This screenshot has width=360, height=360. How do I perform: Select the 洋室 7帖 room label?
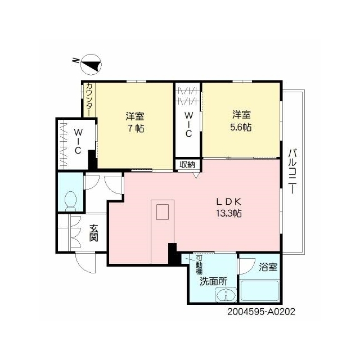(x=135, y=122)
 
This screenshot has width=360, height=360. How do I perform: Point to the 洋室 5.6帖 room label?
(x=241, y=121)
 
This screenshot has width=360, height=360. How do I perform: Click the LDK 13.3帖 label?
(x=229, y=208)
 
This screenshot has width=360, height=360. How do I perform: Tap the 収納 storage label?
(x=187, y=164)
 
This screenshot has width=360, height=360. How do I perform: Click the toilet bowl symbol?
(x=71, y=201)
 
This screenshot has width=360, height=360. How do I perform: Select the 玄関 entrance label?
(x=94, y=233)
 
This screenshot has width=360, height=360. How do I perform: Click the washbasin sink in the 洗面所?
(x=226, y=294)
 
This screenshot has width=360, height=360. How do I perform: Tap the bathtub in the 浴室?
(x=259, y=291)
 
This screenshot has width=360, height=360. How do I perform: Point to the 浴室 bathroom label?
(x=268, y=267)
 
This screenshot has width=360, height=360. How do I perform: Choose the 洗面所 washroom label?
(x=213, y=281)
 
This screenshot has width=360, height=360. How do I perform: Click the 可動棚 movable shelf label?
(x=199, y=265)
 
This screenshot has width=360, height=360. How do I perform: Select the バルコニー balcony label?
(x=292, y=171)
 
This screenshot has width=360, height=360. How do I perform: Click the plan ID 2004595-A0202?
(x=261, y=312)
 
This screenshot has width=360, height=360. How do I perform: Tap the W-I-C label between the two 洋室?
(x=188, y=124)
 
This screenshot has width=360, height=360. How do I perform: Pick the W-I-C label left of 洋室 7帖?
(x=78, y=141)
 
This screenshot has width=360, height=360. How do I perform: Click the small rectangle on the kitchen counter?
(x=163, y=212)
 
